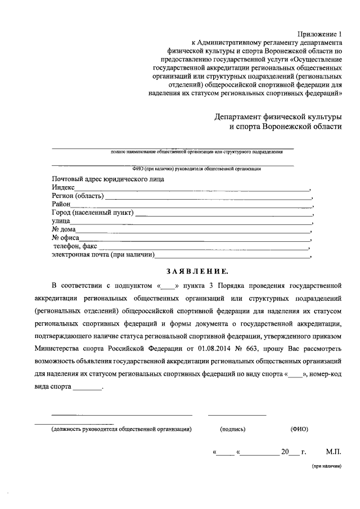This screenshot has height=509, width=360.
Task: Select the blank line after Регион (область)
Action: [208, 197]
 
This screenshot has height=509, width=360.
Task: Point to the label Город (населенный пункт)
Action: [92, 213]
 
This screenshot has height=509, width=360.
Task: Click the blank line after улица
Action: [190, 222]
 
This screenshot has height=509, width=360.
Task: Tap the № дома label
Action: [64, 230]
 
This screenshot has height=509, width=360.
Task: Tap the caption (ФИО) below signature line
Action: [299, 429]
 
